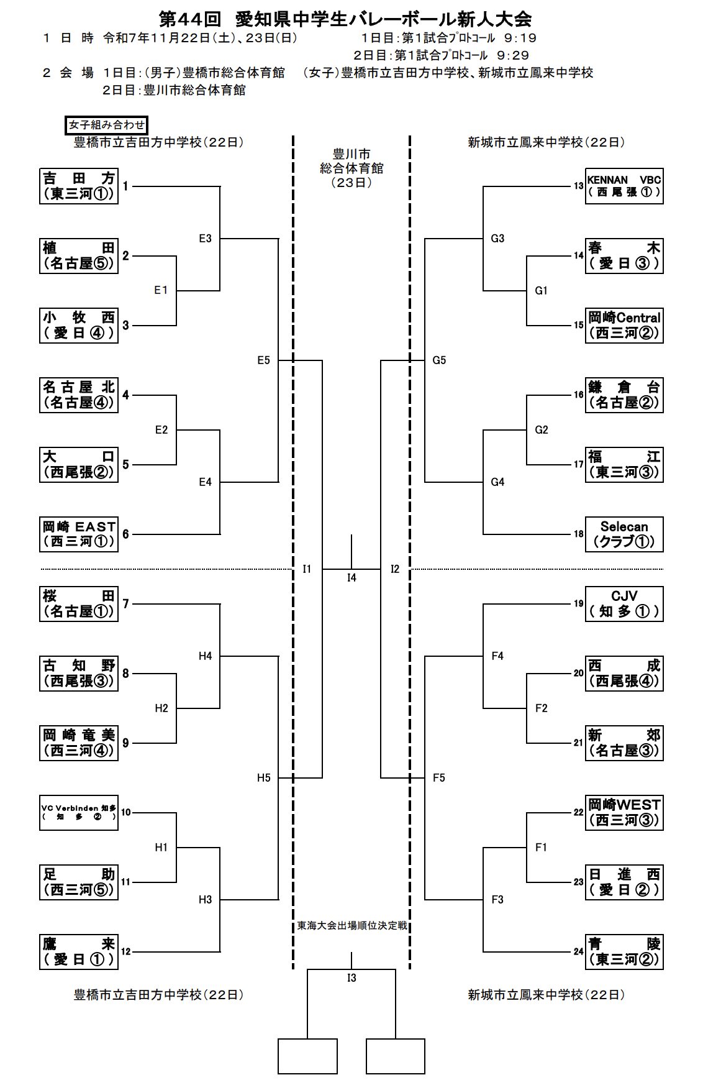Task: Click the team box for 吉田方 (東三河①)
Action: click(x=79, y=186)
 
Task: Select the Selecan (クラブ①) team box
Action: click(x=624, y=534)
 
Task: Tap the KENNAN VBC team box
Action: click(x=624, y=186)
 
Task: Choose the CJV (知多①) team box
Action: click(x=624, y=603)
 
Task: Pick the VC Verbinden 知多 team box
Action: click(x=79, y=812)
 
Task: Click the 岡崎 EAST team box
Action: click(x=79, y=534)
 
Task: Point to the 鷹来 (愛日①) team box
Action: click(x=79, y=951)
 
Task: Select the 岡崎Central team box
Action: click(x=624, y=325)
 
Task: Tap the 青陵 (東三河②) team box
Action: click(x=624, y=951)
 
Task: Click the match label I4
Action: click(x=351, y=578)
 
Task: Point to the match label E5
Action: click(x=264, y=360)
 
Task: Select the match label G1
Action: click(x=542, y=290)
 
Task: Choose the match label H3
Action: click(x=206, y=899)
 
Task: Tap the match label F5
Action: click(x=439, y=777)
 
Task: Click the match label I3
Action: click(x=351, y=978)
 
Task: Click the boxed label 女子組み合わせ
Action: click(x=107, y=125)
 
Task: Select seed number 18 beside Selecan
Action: click(x=578, y=534)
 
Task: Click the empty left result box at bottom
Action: click(x=307, y=1056)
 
